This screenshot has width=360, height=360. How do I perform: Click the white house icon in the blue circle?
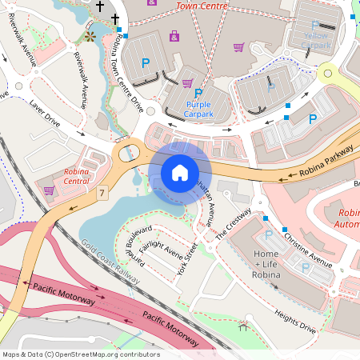click(180, 173)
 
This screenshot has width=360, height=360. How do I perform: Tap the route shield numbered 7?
click(102, 193)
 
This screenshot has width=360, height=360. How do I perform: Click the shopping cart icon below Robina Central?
click(49, 190)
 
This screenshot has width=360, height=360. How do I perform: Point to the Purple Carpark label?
click(199, 110)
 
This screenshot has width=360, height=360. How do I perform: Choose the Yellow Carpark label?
click(316, 40)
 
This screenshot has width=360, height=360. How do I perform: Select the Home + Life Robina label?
click(266, 265)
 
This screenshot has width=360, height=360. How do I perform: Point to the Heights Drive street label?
click(295, 321)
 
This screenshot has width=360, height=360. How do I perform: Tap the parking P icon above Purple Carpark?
click(198, 94)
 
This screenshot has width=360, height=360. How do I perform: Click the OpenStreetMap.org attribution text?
click(80, 354)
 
